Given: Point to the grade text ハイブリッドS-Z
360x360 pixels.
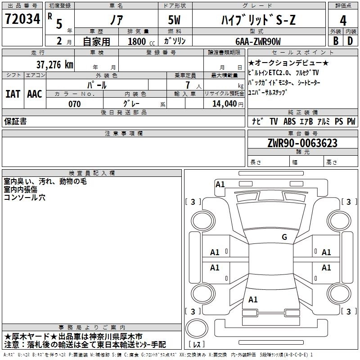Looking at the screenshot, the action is pyautogui.click(x=258, y=20).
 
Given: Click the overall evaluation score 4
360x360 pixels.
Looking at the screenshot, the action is pyautogui.click(x=343, y=20).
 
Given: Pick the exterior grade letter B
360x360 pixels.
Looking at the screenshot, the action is pyautogui.click(x=335, y=40).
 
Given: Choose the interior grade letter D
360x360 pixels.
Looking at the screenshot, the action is pyautogui.click(x=350, y=40).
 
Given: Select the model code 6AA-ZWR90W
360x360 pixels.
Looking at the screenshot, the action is pyautogui.click(x=257, y=41).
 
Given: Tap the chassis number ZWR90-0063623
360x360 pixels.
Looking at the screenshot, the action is pyautogui.click(x=302, y=144).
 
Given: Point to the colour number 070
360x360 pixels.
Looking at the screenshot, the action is pyautogui.click(x=74, y=104).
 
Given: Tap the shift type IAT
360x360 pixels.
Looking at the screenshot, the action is pyautogui.click(x=13, y=94).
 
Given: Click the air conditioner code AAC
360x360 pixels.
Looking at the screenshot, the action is pyautogui.click(x=35, y=94).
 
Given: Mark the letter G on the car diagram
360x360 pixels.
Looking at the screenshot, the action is pyautogui.click(x=284, y=237).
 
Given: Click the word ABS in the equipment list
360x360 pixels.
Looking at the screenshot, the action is pyautogui.click(x=290, y=121).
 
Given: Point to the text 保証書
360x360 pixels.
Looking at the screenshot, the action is pyautogui.click(x=15, y=121).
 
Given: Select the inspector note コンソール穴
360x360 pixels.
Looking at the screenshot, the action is pyautogui.click(x=25, y=197).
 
